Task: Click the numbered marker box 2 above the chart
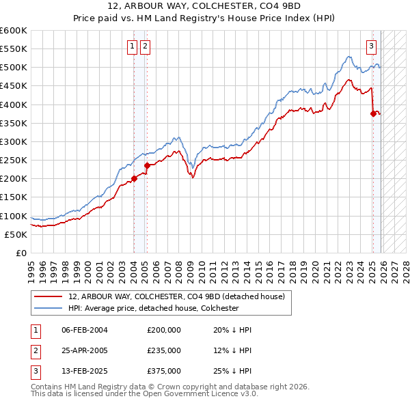(x=146, y=46)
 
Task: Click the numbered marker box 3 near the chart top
(x=371, y=46)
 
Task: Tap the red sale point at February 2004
(x=134, y=179)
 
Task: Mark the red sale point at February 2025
(x=373, y=114)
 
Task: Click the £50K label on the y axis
(x=16, y=234)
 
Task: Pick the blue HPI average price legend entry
(x=153, y=308)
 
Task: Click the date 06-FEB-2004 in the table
(x=84, y=330)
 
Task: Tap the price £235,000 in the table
(x=164, y=350)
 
